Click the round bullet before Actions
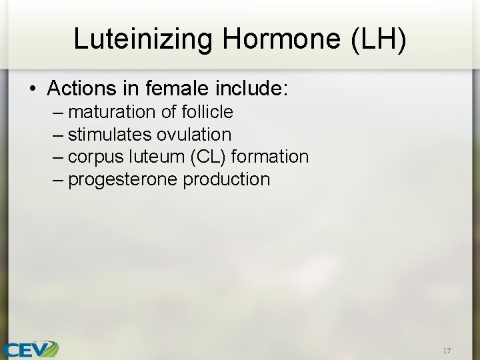coord(33,89)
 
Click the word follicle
coord(207,111)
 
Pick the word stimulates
coord(110,134)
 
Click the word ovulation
coord(194,134)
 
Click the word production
coord(227,179)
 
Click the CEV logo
coord(30,348)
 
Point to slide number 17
coord(447,350)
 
